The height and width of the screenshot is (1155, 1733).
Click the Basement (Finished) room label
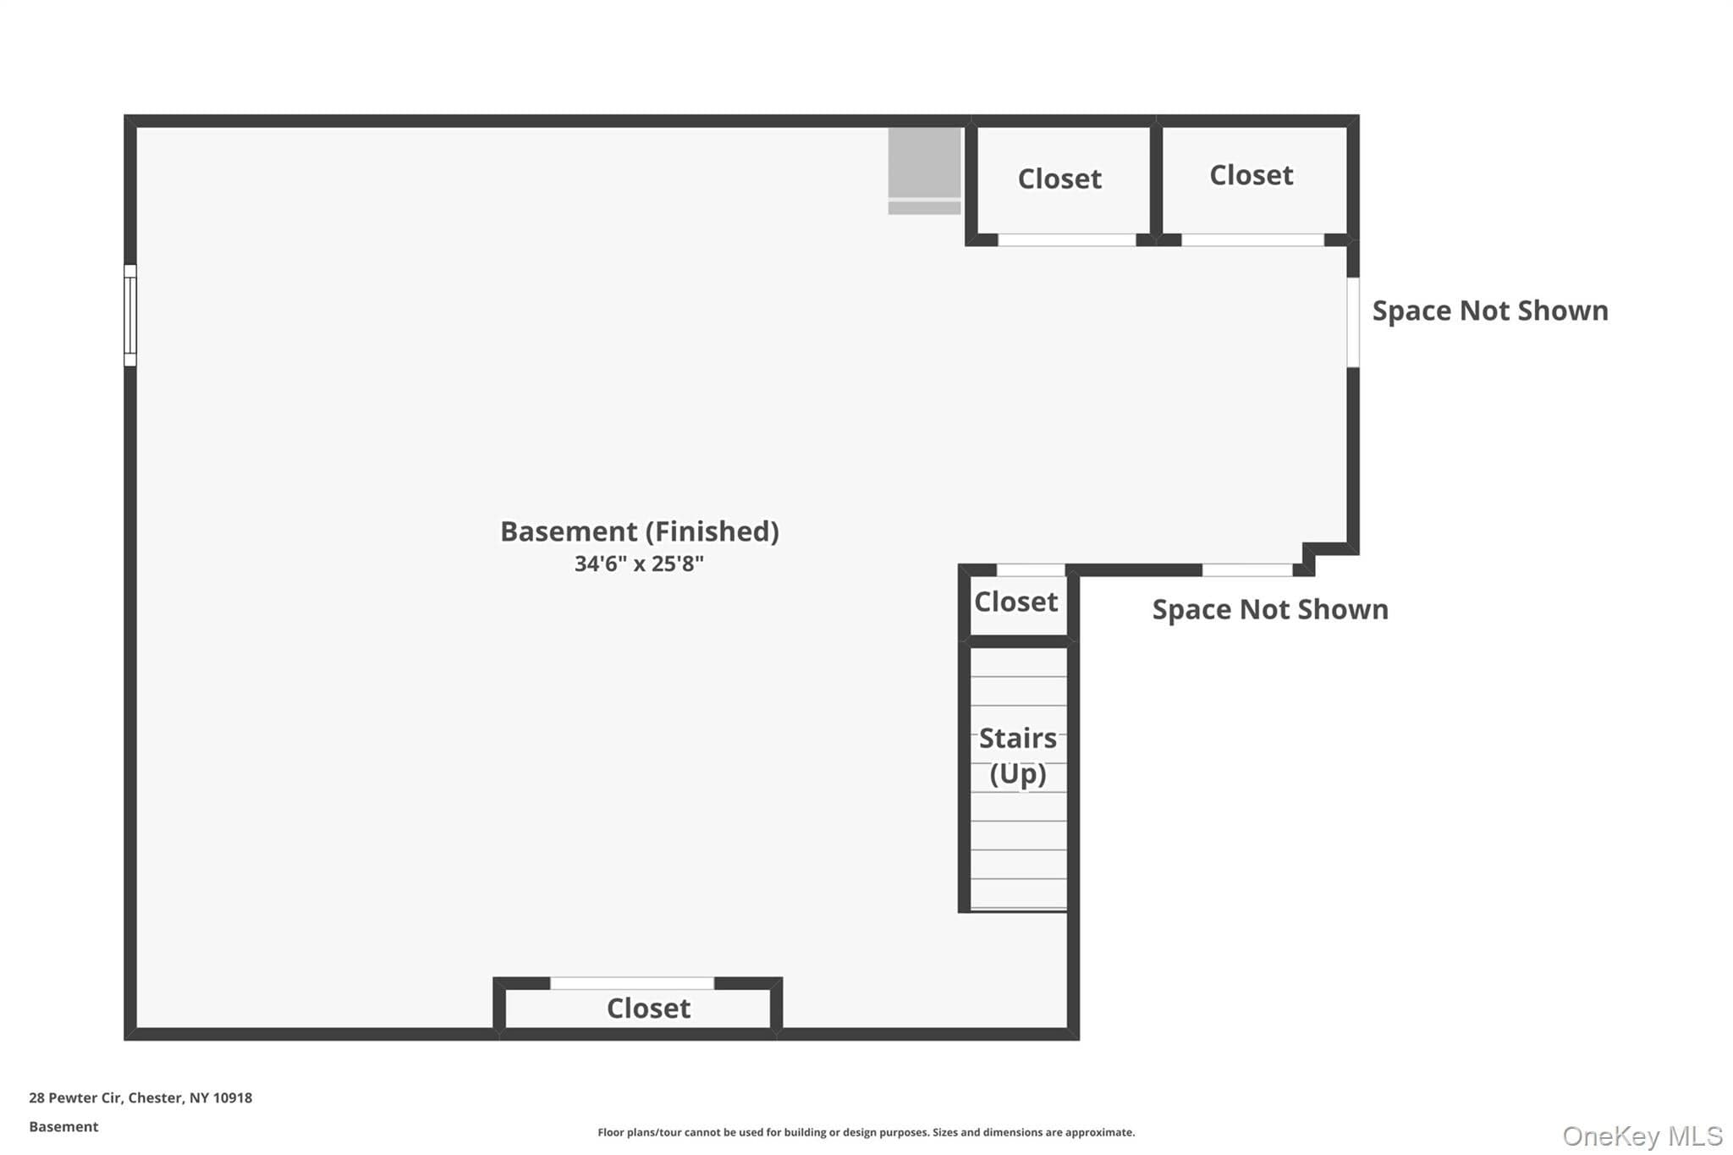click(x=640, y=531)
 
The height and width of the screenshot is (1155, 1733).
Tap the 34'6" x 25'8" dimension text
click(x=639, y=564)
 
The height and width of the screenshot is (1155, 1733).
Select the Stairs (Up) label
click(x=1018, y=756)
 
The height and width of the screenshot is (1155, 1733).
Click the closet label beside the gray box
click(x=1059, y=179)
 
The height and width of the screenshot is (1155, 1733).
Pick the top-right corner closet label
click(x=1252, y=175)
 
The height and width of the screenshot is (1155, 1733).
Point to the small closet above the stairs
click(x=1016, y=602)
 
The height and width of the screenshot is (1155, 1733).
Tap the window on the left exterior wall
click(x=130, y=316)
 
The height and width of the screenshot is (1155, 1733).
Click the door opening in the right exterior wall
click(x=1353, y=322)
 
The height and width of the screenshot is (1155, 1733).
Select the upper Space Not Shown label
click(x=1490, y=311)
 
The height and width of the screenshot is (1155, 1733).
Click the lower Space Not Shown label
click(x=1270, y=609)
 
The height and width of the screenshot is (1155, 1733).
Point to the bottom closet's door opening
click(x=632, y=983)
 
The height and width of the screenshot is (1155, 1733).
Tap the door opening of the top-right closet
click(x=1252, y=240)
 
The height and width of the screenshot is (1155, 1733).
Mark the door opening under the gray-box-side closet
click(x=1067, y=240)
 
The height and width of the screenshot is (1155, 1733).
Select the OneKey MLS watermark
click(x=1642, y=1136)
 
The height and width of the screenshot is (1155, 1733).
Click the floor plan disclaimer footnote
click(x=866, y=1132)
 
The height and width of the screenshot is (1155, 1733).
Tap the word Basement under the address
click(x=63, y=1127)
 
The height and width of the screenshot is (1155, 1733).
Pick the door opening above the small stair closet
click(x=1031, y=570)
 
